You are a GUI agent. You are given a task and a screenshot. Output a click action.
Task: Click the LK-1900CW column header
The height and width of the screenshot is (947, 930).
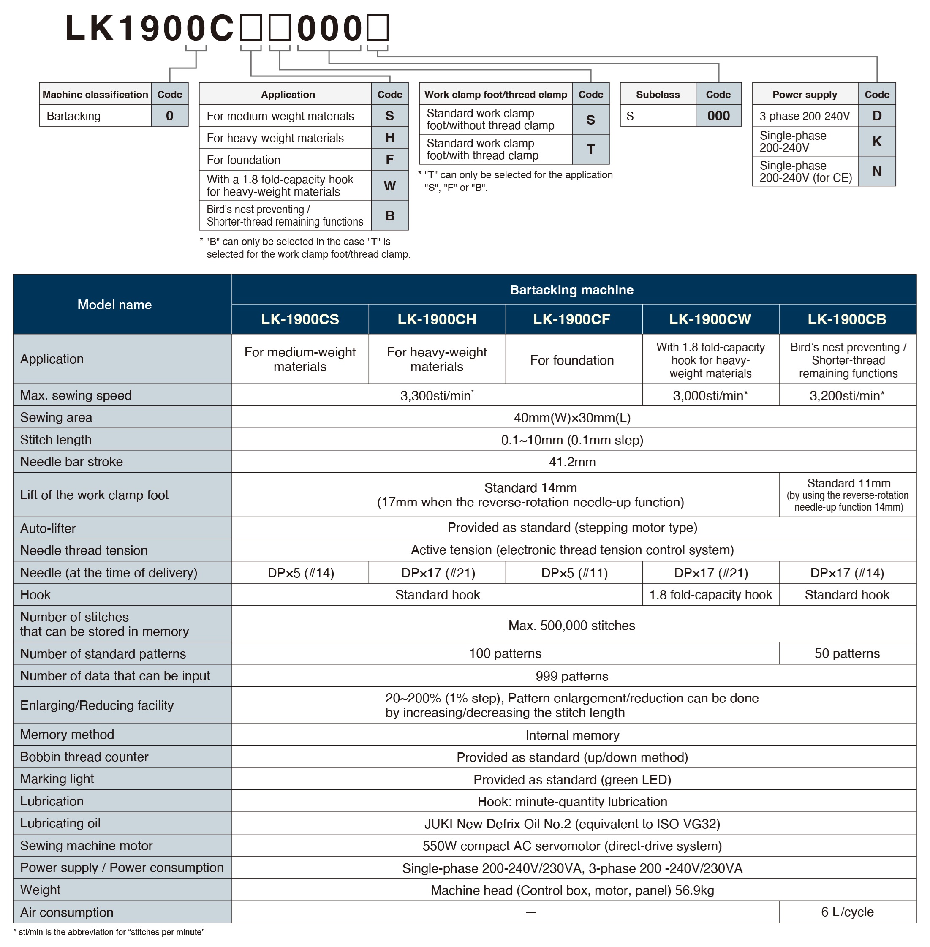click(710, 319)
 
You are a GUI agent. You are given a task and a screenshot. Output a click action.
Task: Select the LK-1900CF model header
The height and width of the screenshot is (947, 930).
click(571, 319)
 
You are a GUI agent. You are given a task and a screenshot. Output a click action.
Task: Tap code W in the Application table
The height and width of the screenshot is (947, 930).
click(389, 185)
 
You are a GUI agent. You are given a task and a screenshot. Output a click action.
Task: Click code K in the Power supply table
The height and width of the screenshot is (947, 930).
click(877, 142)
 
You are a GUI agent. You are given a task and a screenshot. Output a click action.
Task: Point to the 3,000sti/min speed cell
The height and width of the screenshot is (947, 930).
click(710, 395)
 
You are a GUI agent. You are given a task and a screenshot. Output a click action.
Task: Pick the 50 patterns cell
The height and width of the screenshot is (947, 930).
click(847, 653)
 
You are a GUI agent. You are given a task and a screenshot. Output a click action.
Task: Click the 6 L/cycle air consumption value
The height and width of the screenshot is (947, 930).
click(847, 912)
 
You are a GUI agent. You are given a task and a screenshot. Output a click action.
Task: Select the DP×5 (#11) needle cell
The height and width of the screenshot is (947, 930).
click(574, 572)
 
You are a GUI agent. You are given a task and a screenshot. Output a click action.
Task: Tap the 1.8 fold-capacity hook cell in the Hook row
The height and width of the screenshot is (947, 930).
click(710, 594)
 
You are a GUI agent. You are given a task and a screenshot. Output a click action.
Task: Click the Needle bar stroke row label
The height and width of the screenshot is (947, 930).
click(72, 462)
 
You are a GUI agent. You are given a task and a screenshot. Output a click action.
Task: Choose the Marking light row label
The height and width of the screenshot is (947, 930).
click(57, 778)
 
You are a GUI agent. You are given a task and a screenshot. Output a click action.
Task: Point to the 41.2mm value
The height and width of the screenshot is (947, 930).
click(572, 462)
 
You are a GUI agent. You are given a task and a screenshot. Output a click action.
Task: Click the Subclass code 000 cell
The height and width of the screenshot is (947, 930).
click(718, 116)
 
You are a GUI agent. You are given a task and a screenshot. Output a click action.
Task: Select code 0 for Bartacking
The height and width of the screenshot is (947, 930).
click(169, 116)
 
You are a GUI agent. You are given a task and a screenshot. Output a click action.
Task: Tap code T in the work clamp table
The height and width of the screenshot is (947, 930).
click(590, 150)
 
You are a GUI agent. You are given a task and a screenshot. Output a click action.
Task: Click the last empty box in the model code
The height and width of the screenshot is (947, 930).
click(378, 28)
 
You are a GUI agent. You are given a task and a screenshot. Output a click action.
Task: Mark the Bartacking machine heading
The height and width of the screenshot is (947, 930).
click(571, 290)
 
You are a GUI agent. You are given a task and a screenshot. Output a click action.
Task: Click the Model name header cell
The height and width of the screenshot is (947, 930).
click(114, 304)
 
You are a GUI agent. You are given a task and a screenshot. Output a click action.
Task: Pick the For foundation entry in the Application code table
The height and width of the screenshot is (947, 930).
click(243, 160)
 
